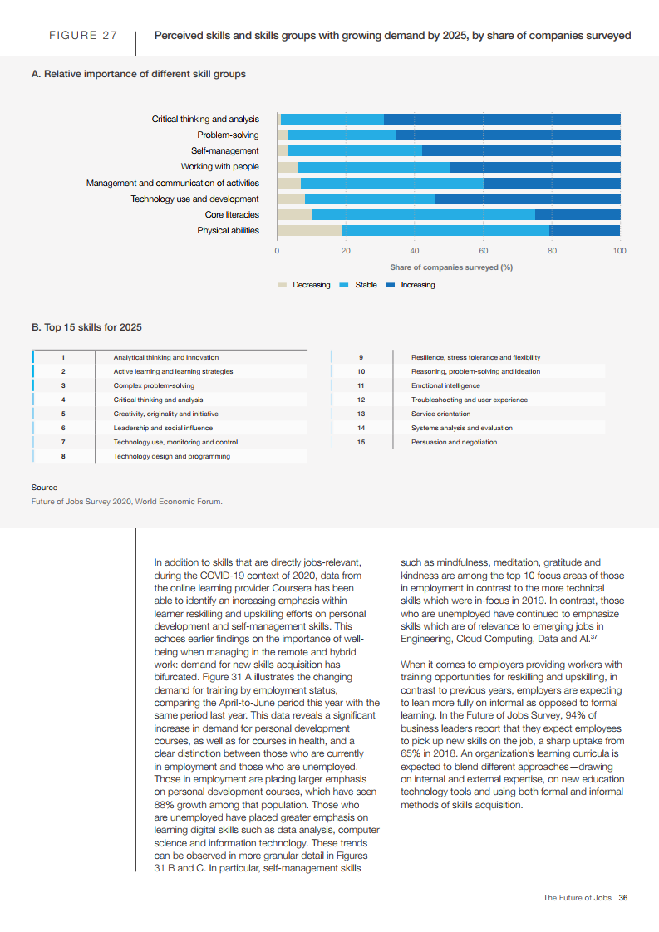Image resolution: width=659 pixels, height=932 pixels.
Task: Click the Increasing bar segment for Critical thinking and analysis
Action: pos(502,119)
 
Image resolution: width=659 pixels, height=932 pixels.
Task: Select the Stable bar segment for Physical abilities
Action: pos(445,230)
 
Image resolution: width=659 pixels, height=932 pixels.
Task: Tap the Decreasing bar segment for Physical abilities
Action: pos(308,230)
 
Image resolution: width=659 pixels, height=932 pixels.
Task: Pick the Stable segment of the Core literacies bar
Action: pos(423,214)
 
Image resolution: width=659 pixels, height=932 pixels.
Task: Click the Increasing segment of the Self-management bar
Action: pos(521,150)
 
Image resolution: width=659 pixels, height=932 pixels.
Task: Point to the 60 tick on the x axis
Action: pos(483,250)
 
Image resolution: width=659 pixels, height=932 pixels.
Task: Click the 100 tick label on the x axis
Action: pos(619,250)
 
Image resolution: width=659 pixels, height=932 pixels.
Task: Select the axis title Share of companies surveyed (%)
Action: pos(451,267)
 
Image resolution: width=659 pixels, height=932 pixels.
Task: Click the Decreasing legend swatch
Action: pos(283,285)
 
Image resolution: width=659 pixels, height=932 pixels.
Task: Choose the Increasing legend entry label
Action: pos(418,285)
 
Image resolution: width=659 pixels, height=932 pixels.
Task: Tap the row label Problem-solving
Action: pos(228,135)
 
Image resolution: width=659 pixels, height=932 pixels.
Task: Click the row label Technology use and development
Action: pos(194,199)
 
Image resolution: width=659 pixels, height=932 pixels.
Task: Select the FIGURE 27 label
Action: pos(83,36)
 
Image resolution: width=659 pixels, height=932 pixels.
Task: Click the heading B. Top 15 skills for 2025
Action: pos(86,327)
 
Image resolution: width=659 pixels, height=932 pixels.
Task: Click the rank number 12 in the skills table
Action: pos(361,400)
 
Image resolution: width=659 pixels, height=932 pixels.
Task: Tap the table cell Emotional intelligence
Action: pos(445,385)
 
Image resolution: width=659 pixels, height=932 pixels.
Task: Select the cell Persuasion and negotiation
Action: pos(454,442)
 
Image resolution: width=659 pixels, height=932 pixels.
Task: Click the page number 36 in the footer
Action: pos(622,897)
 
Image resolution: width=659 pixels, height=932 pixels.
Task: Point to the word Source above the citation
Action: pos(44,488)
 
